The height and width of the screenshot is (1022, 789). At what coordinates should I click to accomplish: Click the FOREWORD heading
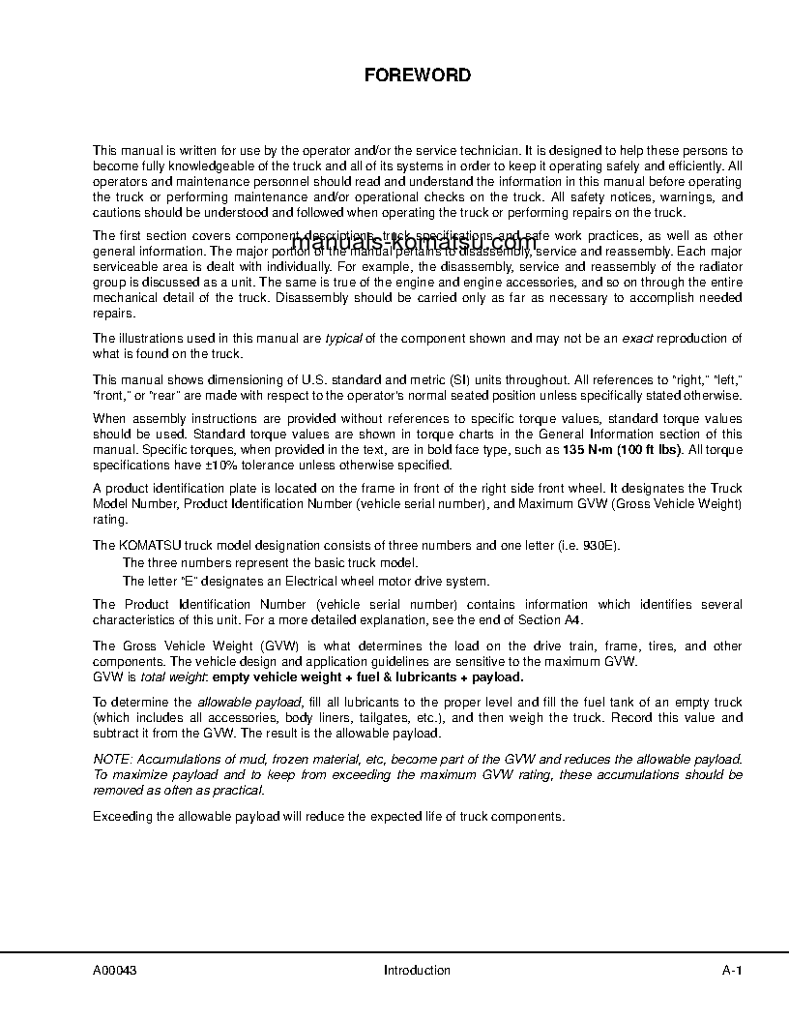click(x=417, y=75)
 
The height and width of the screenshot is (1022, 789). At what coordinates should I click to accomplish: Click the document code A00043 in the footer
click(x=114, y=971)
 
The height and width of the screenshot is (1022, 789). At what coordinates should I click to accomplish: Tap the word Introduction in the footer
click(x=417, y=971)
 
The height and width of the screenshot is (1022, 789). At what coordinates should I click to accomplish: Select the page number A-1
click(x=732, y=971)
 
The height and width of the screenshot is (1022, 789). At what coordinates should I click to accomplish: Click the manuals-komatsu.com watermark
click(x=414, y=243)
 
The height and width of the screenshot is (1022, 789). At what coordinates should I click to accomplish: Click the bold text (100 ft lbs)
click(x=650, y=450)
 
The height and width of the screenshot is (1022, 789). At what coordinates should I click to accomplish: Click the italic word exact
click(x=636, y=338)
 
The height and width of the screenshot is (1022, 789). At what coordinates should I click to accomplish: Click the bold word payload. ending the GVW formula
click(x=498, y=676)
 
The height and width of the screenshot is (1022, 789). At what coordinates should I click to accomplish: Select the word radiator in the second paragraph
click(x=717, y=266)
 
